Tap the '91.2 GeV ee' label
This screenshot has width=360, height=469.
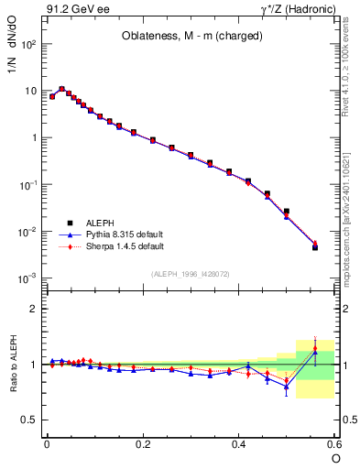(72, 10)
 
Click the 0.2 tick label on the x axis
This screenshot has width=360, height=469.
(142, 443)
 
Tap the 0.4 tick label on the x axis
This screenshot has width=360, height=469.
(238, 443)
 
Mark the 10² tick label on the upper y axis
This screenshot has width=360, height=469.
(28, 44)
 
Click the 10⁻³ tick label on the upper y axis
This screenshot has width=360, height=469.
(27, 278)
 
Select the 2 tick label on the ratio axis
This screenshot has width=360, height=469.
(33, 309)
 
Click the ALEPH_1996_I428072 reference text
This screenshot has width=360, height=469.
(190, 274)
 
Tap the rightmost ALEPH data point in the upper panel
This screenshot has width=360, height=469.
(315, 247)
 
